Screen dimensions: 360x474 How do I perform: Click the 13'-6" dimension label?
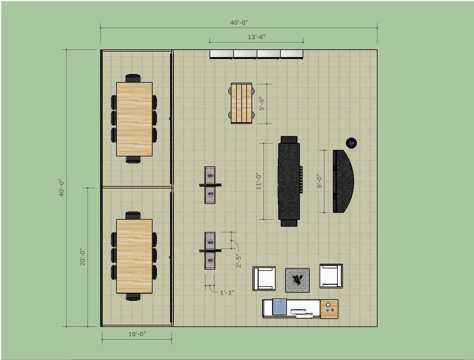tap(257, 37)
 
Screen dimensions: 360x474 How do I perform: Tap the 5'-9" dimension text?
tap(262, 104)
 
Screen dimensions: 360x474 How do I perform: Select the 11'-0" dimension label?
tap(259, 181)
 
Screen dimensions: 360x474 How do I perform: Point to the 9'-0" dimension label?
tap(319, 181)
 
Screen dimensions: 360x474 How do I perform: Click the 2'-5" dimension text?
tap(238, 261)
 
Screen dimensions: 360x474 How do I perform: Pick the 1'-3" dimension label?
tap(227, 292)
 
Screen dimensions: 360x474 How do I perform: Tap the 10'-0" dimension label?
tap(137, 334)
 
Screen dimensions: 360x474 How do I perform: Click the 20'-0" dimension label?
tap(83, 257)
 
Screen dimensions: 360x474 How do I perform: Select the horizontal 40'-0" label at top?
tap(239, 23)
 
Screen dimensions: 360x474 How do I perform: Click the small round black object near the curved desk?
tap(351, 143)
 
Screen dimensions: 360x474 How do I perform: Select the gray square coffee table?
tap(297, 280)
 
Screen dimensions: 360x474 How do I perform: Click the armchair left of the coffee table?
tap(264, 279)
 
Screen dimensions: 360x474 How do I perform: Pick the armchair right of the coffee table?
tap(331, 276)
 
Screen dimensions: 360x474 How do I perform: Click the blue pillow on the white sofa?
tap(280, 307)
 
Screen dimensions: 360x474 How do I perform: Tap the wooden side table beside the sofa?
tap(329, 309)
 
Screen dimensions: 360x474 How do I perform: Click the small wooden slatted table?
tap(241, 103)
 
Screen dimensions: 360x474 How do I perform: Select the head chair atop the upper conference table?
tap(133, 78)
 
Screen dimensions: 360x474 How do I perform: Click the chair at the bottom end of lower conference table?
tap(133, 297)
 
